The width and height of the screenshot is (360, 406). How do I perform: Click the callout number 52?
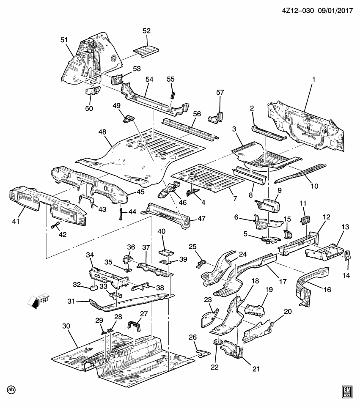click(x=146, y=31)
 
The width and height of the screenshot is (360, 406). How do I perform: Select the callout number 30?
click(x=66, y=326)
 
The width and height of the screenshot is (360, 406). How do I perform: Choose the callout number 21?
click(x=255, y=369)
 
